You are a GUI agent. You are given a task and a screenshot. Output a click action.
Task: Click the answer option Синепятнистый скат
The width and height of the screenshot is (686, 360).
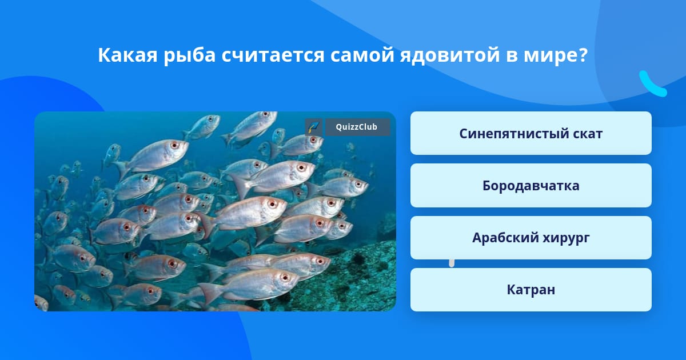tap(531, 133)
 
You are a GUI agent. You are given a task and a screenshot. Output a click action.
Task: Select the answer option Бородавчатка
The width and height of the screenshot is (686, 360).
tap(531, 186)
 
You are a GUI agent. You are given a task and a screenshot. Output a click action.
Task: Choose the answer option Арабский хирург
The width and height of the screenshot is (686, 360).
tap(531, 238)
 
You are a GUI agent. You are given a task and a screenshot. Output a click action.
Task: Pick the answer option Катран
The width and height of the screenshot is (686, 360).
tap(531, 290)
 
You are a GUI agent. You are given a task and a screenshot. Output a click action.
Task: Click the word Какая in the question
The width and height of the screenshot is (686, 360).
tap(127, 55)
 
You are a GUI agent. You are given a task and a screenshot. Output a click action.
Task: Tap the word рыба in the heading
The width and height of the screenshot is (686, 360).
tap(190, 56)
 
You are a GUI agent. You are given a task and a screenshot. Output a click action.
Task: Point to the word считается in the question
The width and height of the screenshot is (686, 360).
tap(273, 55)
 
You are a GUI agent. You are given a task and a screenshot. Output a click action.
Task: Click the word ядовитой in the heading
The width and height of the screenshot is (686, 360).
tap(450, 56)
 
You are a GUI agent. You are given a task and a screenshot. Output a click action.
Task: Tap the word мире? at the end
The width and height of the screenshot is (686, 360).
tap(556, 56)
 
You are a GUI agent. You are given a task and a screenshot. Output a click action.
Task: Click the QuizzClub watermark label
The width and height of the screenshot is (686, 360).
tap(357, 127)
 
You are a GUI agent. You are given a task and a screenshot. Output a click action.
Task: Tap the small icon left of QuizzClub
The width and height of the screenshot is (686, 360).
tap(314, 127)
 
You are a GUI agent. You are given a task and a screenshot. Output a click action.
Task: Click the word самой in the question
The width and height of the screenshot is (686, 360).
tap(362, 55)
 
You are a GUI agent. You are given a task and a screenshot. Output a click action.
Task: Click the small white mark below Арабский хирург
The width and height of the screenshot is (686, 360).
tap(452, 263)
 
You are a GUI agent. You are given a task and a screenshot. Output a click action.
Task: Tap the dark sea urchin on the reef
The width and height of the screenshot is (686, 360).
tap(358, 260)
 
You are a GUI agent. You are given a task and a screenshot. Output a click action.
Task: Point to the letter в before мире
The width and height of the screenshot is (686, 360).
tap(512, 56)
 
